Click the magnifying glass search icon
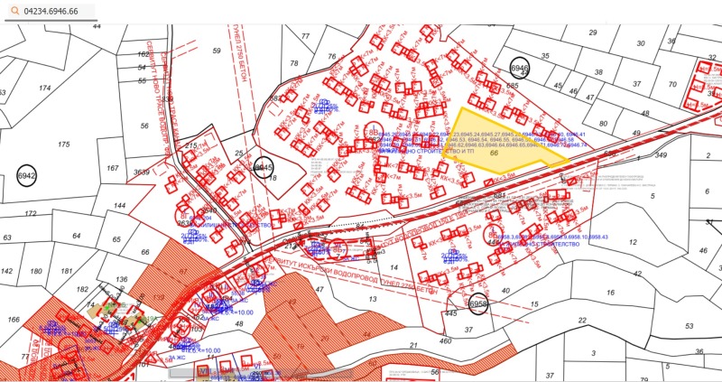(14, 10)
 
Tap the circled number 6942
(26, 176)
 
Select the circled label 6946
(520, 69)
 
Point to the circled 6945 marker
(263, 168)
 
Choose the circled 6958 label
(478, 304)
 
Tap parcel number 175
(63, 144)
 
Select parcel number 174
(44, 89)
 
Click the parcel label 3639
(142, 172)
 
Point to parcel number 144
(119, 206)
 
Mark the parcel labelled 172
(30, 214)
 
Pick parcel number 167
(112, 169)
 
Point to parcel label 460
(444, 340)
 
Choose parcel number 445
(449, 312)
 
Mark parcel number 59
(216, 51)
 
